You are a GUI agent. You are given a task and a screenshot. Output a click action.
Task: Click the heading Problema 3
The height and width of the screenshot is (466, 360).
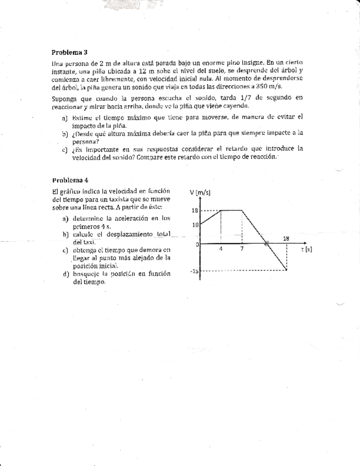click(x=69, y=53)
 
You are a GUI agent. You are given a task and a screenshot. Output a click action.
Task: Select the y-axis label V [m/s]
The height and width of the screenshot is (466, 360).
click(x=200, y=192)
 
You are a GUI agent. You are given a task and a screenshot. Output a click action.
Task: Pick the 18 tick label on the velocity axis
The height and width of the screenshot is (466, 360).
click(x=195, y=210)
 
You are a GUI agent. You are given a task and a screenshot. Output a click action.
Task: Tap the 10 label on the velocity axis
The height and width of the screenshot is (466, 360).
click(x=195, y=225)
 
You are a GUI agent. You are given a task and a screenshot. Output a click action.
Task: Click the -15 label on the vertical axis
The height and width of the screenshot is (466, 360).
click(x=194, y=271)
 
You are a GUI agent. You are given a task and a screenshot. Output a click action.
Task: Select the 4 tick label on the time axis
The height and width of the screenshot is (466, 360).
click(x=220, y=249)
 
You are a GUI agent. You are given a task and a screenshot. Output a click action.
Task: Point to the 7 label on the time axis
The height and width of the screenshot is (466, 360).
click(x=242, y=249)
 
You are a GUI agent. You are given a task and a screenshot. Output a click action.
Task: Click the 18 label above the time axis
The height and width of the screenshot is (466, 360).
click(x=286, y=238)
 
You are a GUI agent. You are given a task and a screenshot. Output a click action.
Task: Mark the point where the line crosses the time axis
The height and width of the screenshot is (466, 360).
click(x=266, y=243)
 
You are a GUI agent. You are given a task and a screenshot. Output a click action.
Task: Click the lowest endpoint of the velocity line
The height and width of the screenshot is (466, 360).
click(x=287, y=270)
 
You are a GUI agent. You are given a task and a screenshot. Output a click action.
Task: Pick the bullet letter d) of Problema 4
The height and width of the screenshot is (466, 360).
click(x=66, y=274)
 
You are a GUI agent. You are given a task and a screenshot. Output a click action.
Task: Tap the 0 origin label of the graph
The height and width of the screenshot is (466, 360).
click(x=197, y=244)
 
